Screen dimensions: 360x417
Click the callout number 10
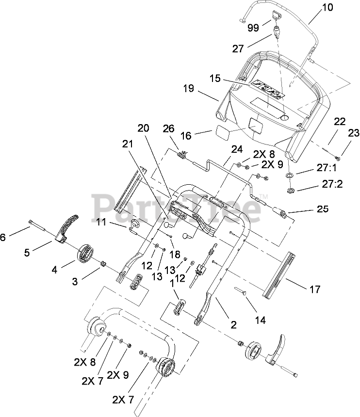click(x=327, y=7)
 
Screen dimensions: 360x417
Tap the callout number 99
click(x=253, y=27)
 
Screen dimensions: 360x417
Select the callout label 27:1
click(x=327, y=168)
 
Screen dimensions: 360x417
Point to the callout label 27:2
click(x=332, y=184)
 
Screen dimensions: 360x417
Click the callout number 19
click(x=188, y=88)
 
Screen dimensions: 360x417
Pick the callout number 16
click(x=186, y=135)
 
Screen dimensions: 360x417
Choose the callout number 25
click(x=323, y=209)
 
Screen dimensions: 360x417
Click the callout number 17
click(x=315, y=289)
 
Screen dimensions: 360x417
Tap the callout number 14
click(x=260, y=320)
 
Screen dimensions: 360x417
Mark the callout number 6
click(x=2, y=237)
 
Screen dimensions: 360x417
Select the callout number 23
click(x=354, y=133)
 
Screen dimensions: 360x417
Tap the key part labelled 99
click(x=276, y=15)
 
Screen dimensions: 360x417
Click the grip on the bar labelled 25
click(x=280, y=213)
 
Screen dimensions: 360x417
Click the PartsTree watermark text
click(x=177, y=208)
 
